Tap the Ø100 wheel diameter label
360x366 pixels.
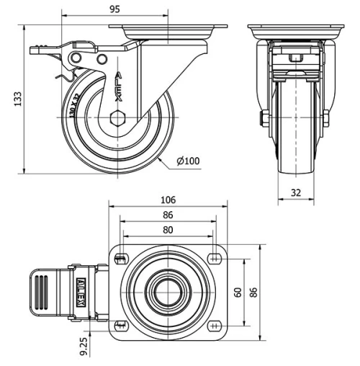point(188,161)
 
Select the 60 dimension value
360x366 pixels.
point(238,292)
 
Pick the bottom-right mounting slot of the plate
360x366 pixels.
point(215,324)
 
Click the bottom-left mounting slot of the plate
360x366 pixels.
point(120,324)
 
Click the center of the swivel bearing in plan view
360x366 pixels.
point(167,292)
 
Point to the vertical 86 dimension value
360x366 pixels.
point(253,292)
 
